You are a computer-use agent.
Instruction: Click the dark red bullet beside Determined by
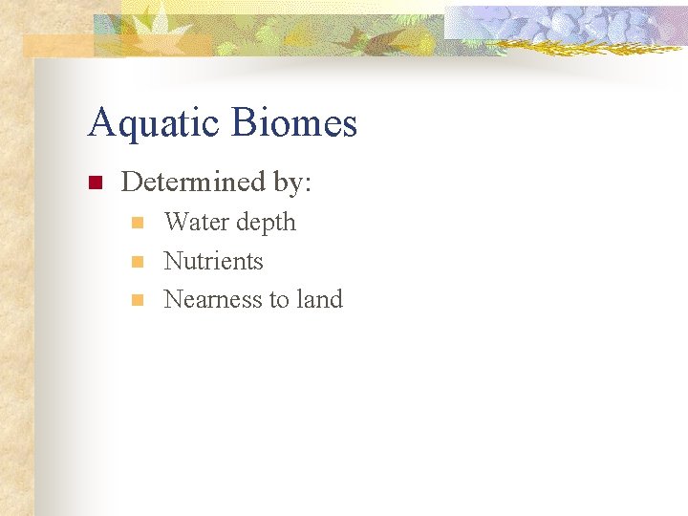click(95, 183)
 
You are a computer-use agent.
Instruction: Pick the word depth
click(266, 224)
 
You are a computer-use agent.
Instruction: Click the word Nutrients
click(213, 261)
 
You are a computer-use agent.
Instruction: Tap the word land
click(319, 299)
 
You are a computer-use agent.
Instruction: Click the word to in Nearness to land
click(278, 300)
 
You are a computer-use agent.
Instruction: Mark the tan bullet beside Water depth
click(138, 224)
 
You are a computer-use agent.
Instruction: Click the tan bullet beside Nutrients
click(138, 262)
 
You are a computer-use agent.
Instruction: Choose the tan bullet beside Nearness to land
click(138, 300)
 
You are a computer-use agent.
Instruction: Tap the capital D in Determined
click(131, 181)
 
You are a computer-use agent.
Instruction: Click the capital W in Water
click(176, 223)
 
